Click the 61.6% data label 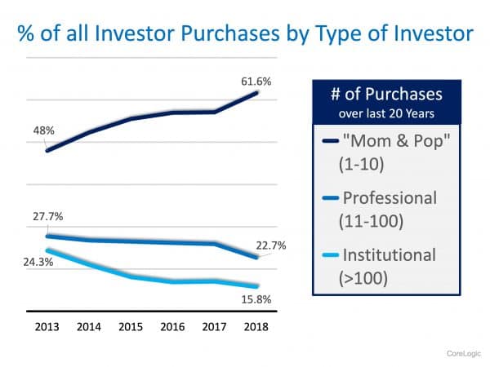[x=256, y=82]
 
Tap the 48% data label [x=44, y=130]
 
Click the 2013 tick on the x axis [x=47, y=326]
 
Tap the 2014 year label [x=89, y=326]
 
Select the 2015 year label [x=131, y=326]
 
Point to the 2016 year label [x=173, y=326]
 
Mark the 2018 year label [x=257, y=326]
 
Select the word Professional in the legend [x=390, y=198]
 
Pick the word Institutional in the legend [x=390, y=255]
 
